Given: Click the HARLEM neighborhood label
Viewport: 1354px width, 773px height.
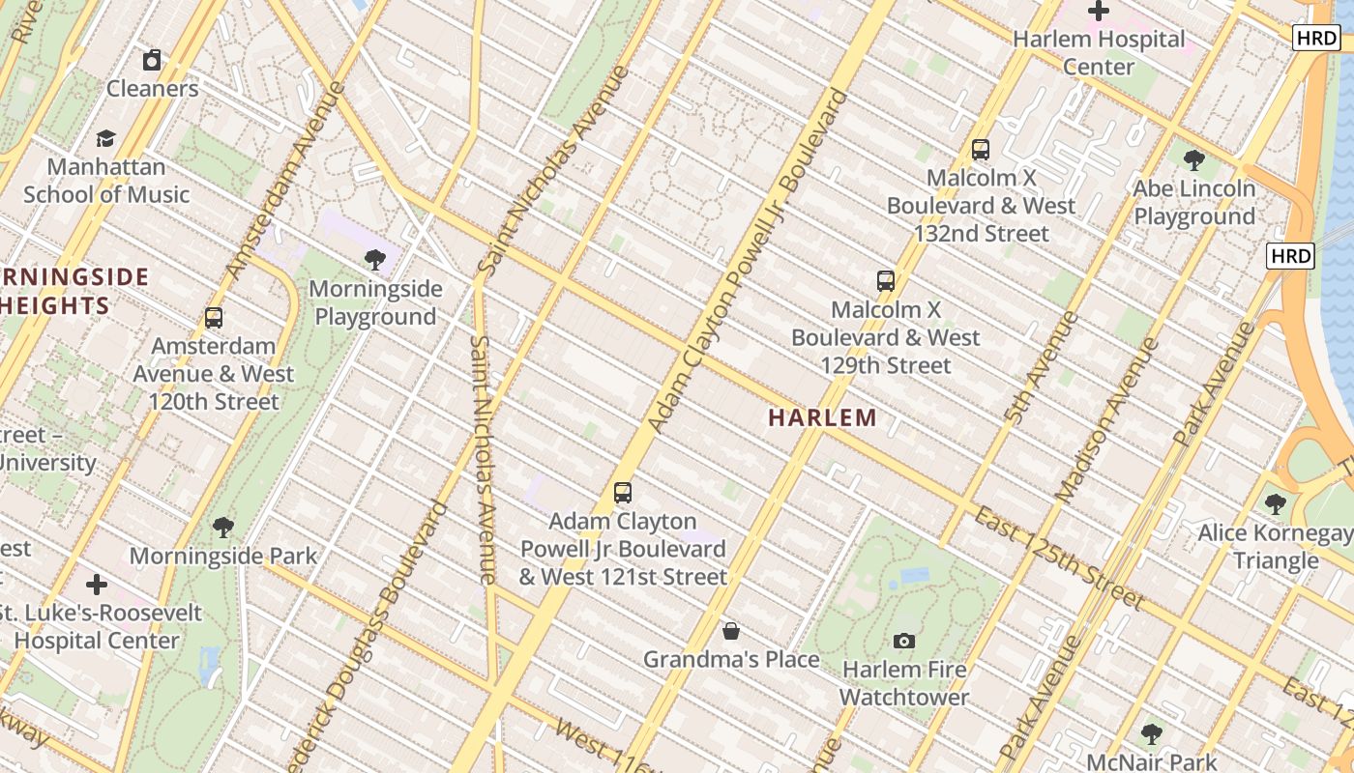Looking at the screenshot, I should (x=822, y=417).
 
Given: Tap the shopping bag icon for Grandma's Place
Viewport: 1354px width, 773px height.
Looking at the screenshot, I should (x=731, y=631).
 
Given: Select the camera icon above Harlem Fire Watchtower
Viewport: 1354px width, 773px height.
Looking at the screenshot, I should (x=904, y=641).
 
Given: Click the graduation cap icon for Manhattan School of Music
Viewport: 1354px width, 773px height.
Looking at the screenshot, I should (x=105, y=138).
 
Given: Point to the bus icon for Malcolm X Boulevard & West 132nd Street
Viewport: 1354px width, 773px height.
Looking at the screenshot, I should (x=981, y=150).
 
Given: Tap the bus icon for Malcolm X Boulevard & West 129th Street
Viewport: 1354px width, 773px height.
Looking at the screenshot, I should (x=885, y=281).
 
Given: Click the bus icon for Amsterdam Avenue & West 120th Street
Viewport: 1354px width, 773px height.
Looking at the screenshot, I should (x=214, y=317).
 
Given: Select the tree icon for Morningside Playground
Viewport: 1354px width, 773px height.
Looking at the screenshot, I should (x=375, y=259).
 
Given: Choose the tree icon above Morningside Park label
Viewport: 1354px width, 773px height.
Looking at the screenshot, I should (x=223, y=527).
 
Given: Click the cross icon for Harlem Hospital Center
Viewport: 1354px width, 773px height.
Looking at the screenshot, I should (x=1098, y=12).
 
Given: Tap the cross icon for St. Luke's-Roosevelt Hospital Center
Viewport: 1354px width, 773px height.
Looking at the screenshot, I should (x=97, y=585).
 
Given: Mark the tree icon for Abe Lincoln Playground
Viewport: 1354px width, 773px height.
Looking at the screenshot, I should (x=1193, y=159).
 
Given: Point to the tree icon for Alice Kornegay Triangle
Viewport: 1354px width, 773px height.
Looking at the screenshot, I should (x=1275, y=503).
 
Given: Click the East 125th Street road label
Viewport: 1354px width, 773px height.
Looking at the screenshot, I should (x=1059, y=558).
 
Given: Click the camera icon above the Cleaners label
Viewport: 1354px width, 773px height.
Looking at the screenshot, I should (x=152, y=61).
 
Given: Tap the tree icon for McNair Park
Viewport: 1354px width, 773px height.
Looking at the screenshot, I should (x=1151, y=733).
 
